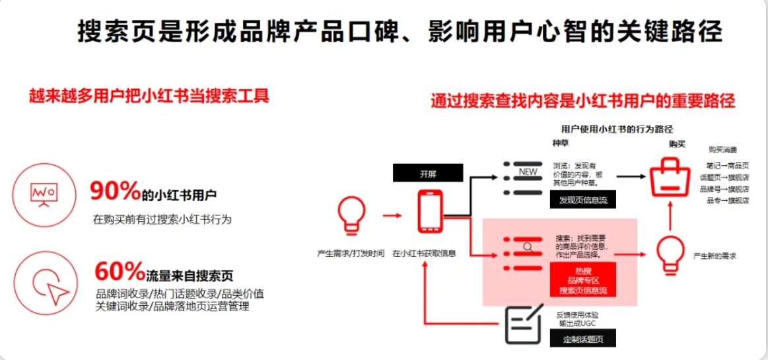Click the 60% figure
point(120,271)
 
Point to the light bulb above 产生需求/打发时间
point(350,214)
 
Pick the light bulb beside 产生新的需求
point(670,254)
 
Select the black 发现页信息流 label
point(582,199)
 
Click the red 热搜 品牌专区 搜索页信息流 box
point(582,280)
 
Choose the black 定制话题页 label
point(582,340)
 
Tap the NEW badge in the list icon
point(529,172)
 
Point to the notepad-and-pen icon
point(523,324)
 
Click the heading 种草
point(560,143)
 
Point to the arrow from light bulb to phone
point(392,215)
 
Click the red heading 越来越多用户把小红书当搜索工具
point(149,96)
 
